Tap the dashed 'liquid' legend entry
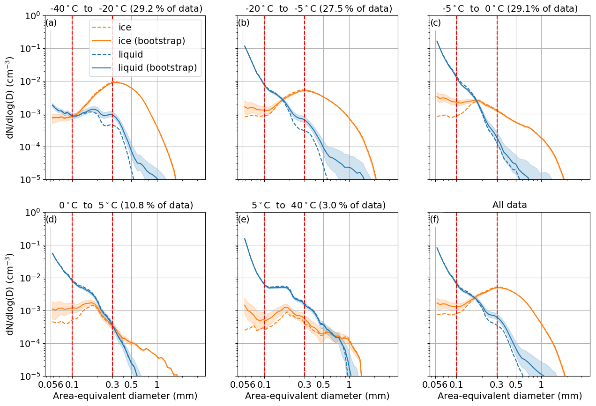point(131,54)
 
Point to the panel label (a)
point(51,22)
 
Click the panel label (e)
point(244,219)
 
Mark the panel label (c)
point(436,22)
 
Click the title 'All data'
point(510,205)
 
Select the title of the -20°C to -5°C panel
point(319,8)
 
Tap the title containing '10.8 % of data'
point(126,205)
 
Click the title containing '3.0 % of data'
point(319,205)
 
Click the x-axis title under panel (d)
point(125,396)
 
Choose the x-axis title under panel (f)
point(510,396)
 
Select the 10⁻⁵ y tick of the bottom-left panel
point(33,376)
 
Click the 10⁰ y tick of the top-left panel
point(34,15)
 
